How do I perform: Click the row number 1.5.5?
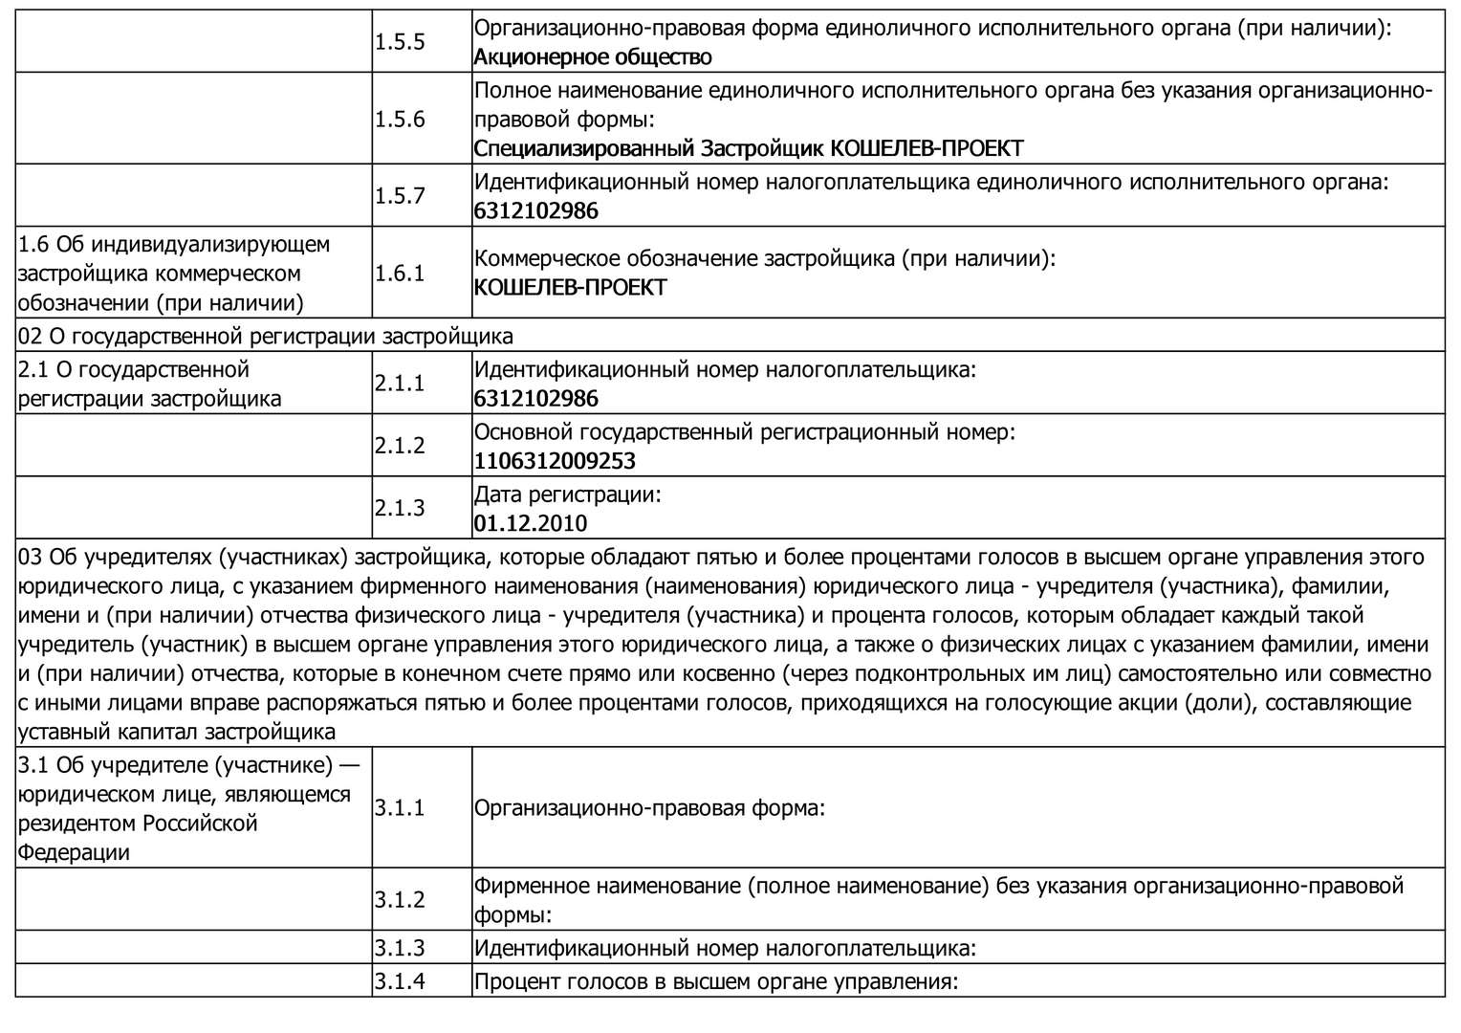[x=400, y=42]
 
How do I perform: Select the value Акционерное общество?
[x=593, y=57]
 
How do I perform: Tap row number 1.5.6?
[x=400, y=120]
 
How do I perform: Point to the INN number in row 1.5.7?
[x=536, y=210]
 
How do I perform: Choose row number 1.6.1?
[x=400, y=274]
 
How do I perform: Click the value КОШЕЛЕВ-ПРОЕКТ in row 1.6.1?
[x=570, y=288]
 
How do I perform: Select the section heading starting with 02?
[x=266, y=336]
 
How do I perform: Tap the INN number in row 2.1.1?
[x=536, y=398]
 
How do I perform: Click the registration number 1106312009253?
[x=555, y=461]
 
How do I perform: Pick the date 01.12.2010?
[x=531, y=523]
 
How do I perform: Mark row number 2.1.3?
[x=400, y=508]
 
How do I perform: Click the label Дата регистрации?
[x=568, y=495]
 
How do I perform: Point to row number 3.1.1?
[x=400, y=808]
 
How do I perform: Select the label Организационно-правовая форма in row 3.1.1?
[x=649, y=808]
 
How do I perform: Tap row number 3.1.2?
[x=400, y=900]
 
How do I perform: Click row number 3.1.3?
[x=400, y=948]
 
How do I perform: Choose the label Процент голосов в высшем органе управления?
[x=715, y=981]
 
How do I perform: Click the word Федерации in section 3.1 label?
[x=74, y=852]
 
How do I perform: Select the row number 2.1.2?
[x=400, y=446]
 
